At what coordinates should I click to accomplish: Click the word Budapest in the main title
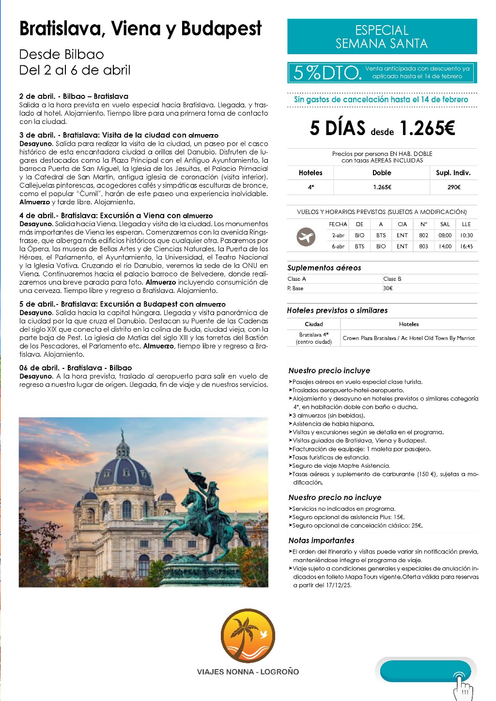point(221,30)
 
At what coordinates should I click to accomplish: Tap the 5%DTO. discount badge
point(328,73)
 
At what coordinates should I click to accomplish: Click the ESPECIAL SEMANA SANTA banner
point(382,37)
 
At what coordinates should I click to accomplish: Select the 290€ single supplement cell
point(453,187)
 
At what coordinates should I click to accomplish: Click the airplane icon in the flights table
point(306,237)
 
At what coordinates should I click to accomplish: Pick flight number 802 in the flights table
point(424,236)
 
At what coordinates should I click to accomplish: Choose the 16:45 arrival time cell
point(466,246)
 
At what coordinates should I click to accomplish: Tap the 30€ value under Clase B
point(388,289)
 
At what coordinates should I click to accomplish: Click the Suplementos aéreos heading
point(324,268)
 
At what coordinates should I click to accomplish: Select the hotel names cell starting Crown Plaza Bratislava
point(409,338)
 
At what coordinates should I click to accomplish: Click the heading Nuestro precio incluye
point(329,371)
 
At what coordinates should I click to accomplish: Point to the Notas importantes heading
point(321,541)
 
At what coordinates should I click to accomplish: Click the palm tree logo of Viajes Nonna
point(248,636)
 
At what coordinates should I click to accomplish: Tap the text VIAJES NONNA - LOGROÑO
point(248,672)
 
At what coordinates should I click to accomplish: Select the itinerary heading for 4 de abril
point(116,215)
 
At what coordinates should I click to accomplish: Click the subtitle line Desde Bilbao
point(62,54)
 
